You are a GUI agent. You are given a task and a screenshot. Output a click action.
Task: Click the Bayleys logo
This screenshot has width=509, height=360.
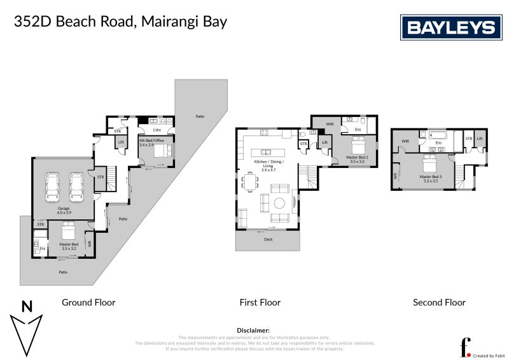(x=451, y=27)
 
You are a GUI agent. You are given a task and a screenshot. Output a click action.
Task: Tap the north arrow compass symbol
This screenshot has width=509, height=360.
(x=27, y=328)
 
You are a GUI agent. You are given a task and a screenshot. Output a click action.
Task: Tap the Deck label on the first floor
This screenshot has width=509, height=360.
(x=267, y=239)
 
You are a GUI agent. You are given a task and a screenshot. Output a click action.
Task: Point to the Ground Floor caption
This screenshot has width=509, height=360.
(x=88, y=303)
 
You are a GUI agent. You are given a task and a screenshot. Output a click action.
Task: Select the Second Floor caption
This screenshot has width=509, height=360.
(x=439, y=303)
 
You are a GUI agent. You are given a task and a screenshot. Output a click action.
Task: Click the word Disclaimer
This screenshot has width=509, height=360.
(x=253, y=331)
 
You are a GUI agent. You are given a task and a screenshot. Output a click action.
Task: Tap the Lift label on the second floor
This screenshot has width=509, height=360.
(x=480, y=138)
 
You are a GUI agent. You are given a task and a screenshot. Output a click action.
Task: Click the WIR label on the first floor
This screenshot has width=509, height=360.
(x=330, y=124)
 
